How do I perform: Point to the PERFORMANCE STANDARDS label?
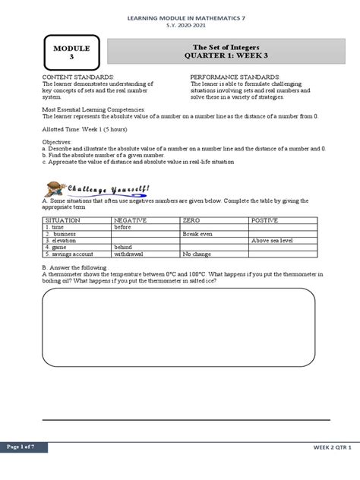click(235, 77)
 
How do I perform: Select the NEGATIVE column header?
click(130, 219)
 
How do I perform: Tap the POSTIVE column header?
click(266, 219)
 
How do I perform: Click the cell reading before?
click(123, 226)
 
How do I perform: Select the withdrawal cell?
click(129, 254)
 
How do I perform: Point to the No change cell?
click(197, 254)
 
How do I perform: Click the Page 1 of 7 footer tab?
click(24, 447)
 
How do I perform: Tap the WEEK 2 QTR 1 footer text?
click(333, 448)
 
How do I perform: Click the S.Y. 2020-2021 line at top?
click(180, 24)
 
